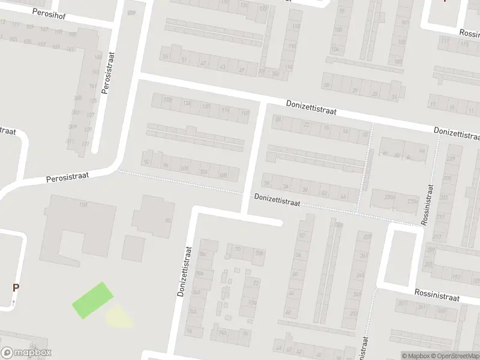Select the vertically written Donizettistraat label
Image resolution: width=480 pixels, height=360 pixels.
185,271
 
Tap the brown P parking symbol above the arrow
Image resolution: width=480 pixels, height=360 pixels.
16,287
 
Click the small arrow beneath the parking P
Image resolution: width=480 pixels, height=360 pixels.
13,303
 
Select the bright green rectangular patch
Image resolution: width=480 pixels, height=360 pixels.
92,300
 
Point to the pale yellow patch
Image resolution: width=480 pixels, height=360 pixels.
119,316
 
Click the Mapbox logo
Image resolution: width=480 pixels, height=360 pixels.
26,353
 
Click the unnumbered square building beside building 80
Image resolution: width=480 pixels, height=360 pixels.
133,248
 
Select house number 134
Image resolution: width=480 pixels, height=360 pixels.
187,104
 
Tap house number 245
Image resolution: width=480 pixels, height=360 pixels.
360,275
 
